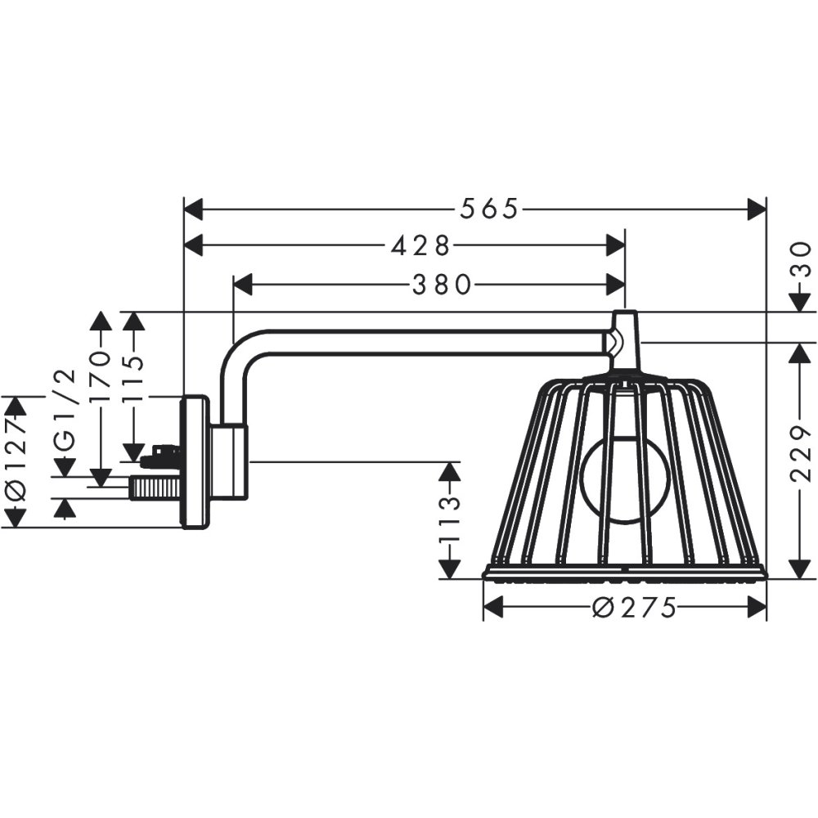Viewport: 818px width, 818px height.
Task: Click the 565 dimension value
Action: (488, 209)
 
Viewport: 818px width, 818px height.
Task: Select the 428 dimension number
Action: (420, 245)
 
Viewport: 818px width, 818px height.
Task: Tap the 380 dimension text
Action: (442, 285)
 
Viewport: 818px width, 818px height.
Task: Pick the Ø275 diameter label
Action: (634, 608)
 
